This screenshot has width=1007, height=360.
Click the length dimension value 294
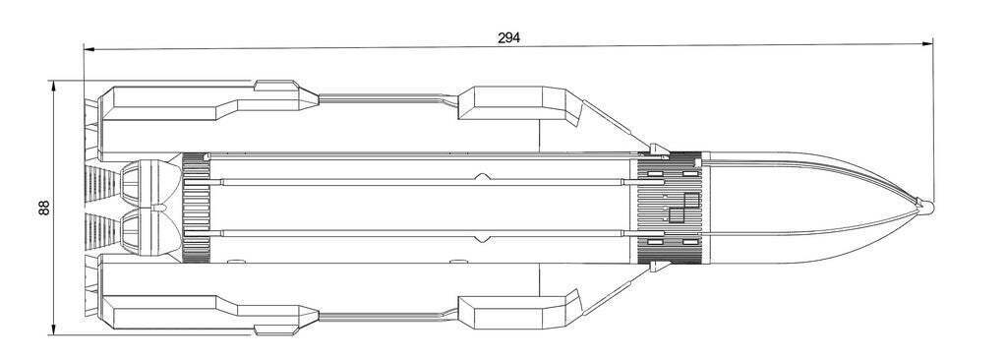click(x=508, y=38)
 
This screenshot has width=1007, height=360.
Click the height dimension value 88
click(x=44, y=208)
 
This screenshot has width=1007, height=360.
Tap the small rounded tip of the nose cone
click(x=926, y=207)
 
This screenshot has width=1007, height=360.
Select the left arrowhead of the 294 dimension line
click(x=89, y=48)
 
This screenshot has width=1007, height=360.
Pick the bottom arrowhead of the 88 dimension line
click(x=53, y=330)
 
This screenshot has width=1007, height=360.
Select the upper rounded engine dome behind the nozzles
click(x=150, y=182)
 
